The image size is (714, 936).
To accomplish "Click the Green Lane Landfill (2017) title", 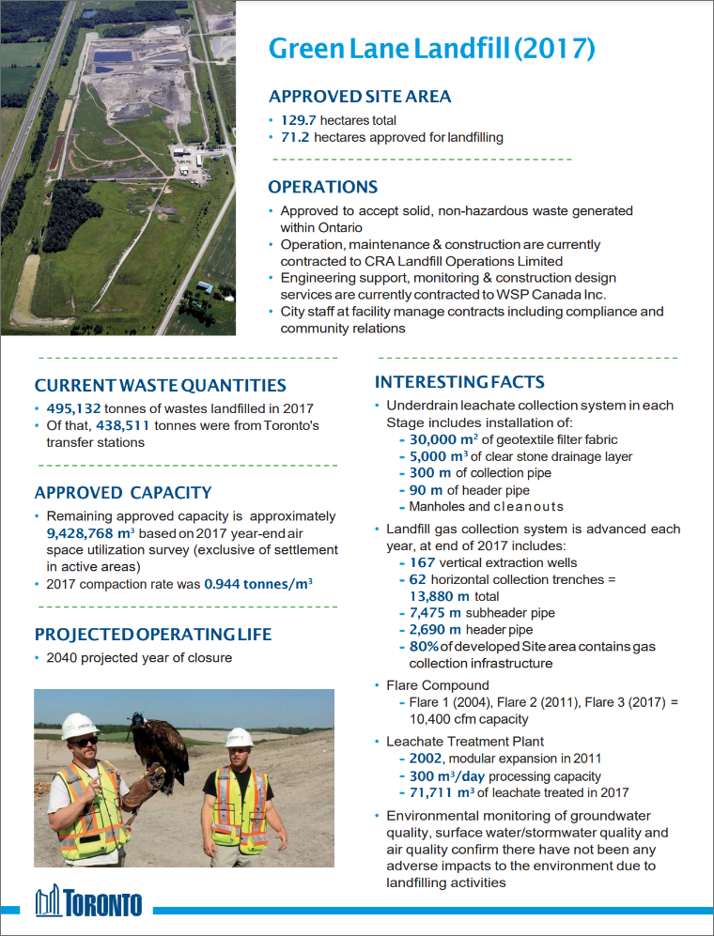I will pos(431,48).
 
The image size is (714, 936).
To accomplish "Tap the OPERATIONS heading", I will pos(322,187).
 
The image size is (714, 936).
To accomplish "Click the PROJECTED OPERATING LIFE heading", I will pos(153,635).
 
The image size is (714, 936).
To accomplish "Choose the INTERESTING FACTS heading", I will pos(459,382).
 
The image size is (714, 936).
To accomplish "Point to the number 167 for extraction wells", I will pos(423,562).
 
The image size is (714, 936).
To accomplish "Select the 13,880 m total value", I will pos(441,596).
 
